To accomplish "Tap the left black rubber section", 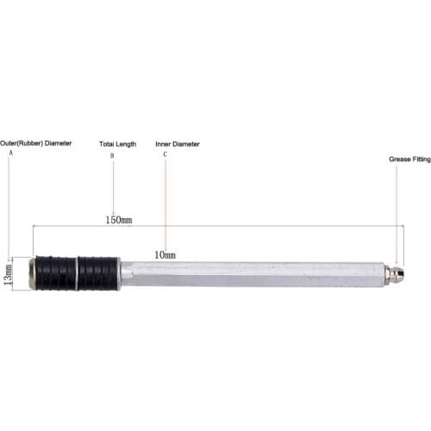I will [x=54, y=273].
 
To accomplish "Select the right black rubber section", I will [x=99, y=273].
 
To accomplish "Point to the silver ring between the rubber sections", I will [x=77, y=273].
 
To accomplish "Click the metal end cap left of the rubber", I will [x=32, y=273].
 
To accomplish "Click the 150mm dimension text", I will [x=118, y=221].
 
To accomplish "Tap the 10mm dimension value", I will [x=164, y=255].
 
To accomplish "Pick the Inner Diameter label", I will [x=177, y=144].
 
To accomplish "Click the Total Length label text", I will [x=118, y=144].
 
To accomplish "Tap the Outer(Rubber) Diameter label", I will [x=35, y=144].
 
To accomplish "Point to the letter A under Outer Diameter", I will [x=10, y=153].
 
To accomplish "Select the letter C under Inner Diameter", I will [x=166, y=154].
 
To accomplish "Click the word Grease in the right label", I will [x=388, y=159].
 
